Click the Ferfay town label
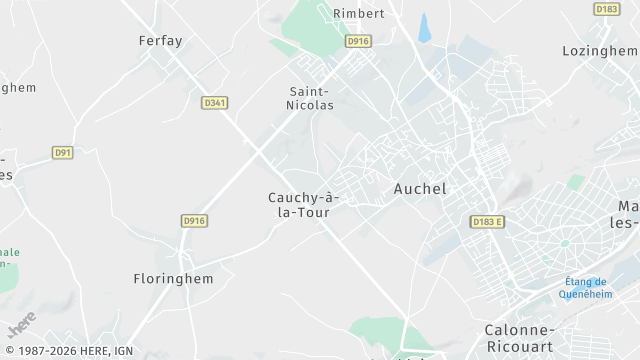(160, 41)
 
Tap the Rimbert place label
(358, 13)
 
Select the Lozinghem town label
(600, 50)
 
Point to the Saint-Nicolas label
(311, 96)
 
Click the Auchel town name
(420, 188)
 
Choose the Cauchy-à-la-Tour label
(304, 204)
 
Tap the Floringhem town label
(173, 279)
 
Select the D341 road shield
(214, 102)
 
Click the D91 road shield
(63, 152)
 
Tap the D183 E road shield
(488, 221)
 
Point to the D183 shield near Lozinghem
(606, 9)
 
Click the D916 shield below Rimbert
(357, 41)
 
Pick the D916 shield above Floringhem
(194, 221)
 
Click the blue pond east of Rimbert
(425, 27)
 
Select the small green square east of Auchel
(576, 182)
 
